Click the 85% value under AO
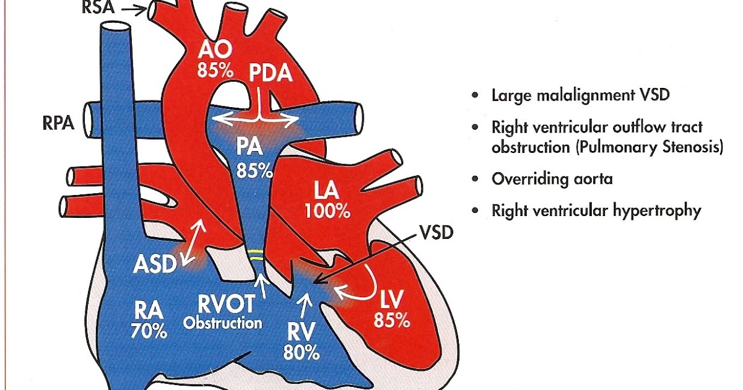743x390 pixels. pyautogui.click(x=215, y=71)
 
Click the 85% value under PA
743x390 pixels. pyautogui.click(x=254, y=169)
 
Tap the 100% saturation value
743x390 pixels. pyautogui.click(x=328, y=210)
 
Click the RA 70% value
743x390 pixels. pyautogui.click(x=149, y=331)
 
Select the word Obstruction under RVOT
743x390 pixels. pyautogui.click(x=223, y=323)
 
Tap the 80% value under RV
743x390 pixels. pyautogui.click(x=301, y=353)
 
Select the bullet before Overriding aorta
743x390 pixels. pyautogui.click(x=475, y=179)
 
